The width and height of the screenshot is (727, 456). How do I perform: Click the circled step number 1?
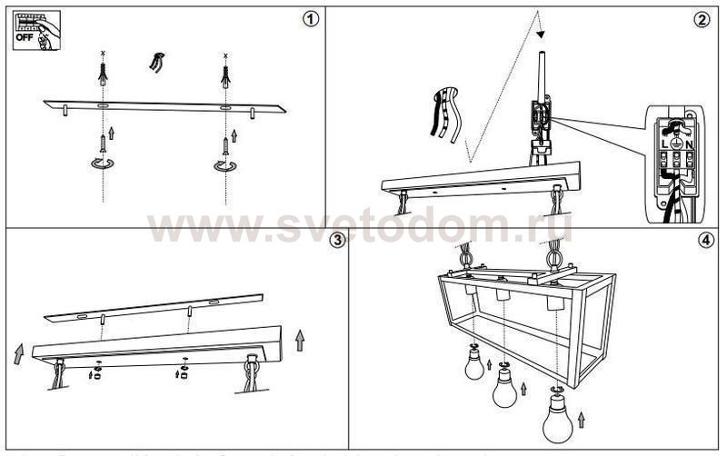coord(312,19)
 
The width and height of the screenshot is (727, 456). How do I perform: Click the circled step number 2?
coord(701,19)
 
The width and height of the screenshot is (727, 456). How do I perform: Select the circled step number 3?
coord(337,240)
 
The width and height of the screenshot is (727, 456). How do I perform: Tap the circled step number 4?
coord(705,240)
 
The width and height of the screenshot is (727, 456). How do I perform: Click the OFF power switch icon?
coord(35,29)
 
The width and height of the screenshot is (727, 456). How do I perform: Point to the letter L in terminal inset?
coord(665,144)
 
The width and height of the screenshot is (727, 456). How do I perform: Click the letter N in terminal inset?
coord(690,144)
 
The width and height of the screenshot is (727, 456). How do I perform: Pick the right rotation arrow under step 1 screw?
coord(224,164)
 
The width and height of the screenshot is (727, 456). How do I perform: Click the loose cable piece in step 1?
coord(158,63)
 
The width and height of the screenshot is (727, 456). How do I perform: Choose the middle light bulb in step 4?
coord(504,391)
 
